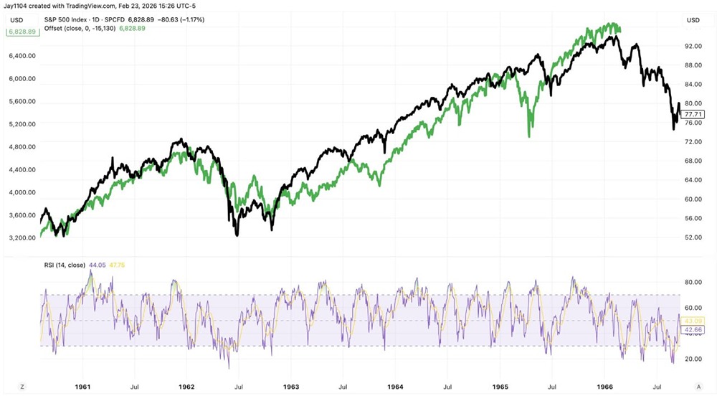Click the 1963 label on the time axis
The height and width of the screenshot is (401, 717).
click(290, 387)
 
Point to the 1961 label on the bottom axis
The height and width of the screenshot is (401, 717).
click(82, 387)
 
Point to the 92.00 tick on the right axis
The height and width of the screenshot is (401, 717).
click(693, 46)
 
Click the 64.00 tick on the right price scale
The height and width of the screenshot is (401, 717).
click(693, 180)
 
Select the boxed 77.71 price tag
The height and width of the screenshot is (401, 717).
click(694, 113)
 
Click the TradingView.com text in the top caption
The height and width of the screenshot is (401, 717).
click(96, 6)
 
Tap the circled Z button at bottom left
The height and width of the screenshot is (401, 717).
click(22, 387)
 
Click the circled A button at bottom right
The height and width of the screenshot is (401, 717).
click(693, 387)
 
